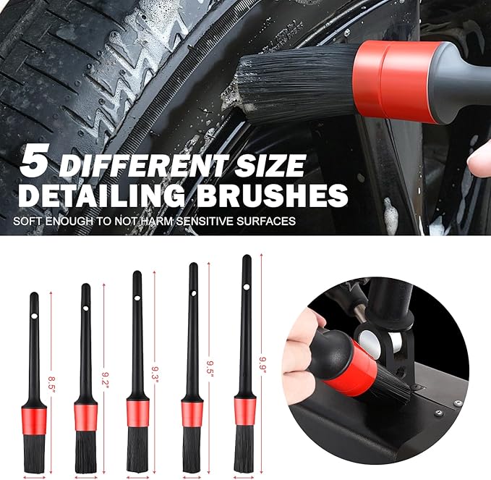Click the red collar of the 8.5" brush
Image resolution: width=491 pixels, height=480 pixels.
[35, 418]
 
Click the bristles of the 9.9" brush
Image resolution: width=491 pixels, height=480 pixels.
[244, 449]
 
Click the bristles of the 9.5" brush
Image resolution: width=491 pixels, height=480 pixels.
[192, 449]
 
